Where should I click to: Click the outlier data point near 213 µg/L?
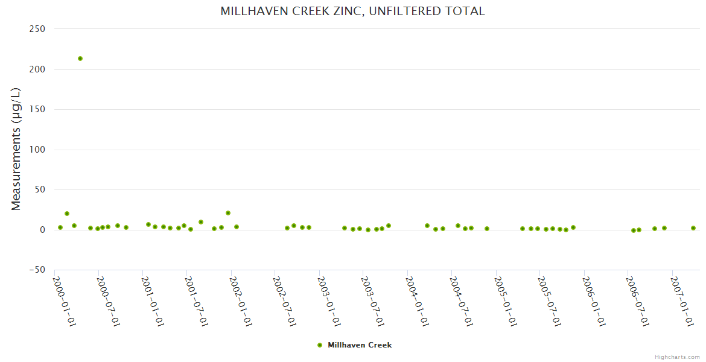click(80, 59)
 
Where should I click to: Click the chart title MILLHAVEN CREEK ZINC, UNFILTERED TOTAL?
click(352, 11)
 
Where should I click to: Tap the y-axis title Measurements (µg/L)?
click(16, 149)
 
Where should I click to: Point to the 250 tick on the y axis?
click(37, 29)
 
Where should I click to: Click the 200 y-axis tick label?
click(37, 69)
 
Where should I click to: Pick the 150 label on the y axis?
click(37, 109)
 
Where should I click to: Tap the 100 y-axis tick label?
click(37, 150)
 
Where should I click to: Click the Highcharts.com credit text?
click(677, 357)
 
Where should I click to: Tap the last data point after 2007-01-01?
click(693, 228)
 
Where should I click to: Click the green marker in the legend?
click(320, 345)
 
